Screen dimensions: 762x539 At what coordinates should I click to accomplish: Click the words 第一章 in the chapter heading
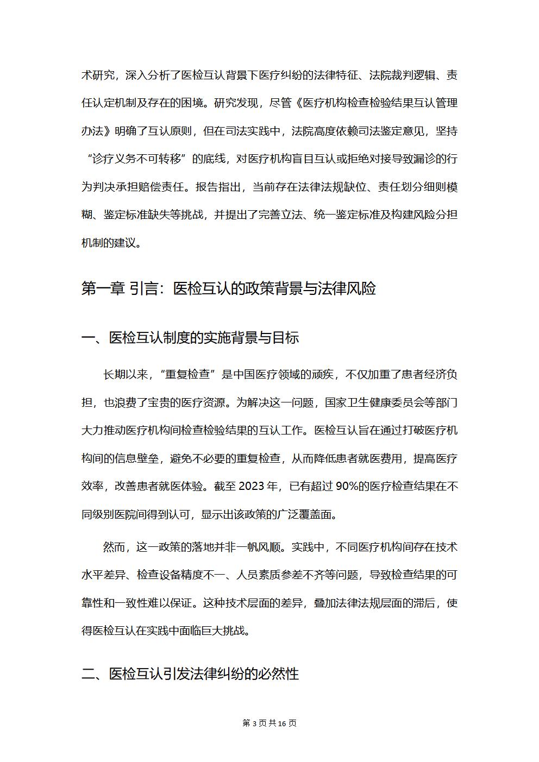[x=103, y=288]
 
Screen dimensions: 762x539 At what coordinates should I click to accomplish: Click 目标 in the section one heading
[x=285, y=338]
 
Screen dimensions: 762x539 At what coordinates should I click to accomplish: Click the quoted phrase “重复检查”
[x=190, y=375]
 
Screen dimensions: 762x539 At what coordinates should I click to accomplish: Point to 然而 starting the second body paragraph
[x=114, y=546]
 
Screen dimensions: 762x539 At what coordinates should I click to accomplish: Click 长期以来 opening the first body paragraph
[x=125, y=375]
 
